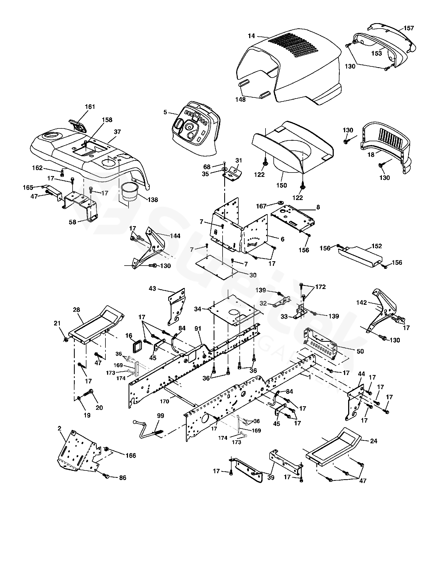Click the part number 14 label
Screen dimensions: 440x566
point(251,36)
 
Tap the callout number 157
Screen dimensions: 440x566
point(408,28)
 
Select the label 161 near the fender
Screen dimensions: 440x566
point(90,107)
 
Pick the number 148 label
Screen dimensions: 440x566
point(241,100)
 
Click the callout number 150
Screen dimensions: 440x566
point(282,185)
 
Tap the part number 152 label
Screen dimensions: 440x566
point(377,246)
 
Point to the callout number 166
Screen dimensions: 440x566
point(131,456)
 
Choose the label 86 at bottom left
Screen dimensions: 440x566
point(123,478)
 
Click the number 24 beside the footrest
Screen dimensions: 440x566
point(374,441)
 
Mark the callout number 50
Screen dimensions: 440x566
point(360,351)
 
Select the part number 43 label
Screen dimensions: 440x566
point(152,288)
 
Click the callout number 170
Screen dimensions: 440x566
point(164,401)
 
